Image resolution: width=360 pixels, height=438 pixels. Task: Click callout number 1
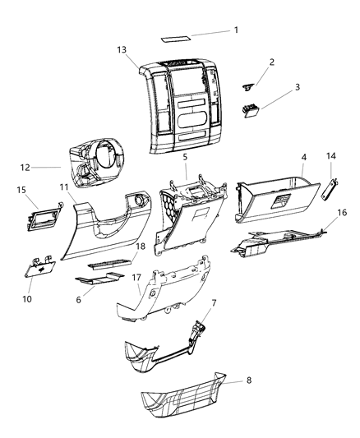point(236,30)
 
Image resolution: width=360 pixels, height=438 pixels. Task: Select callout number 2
point(272,62)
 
